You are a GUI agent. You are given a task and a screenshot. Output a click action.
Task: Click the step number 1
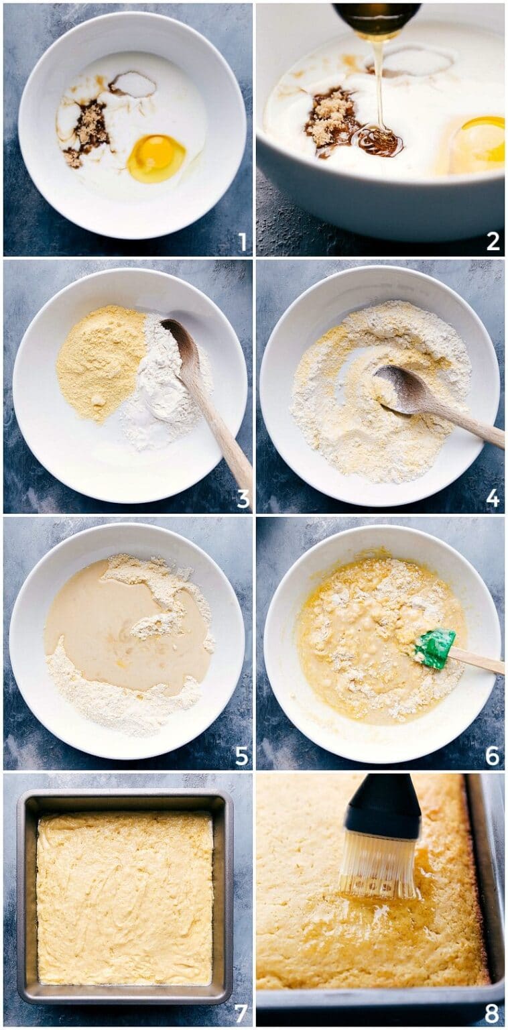tap(243, 242)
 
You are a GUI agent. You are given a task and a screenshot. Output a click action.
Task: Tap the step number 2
tap(493, 241)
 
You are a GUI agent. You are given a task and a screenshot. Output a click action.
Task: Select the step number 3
tap(243, 498)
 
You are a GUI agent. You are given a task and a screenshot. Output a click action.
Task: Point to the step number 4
tap(493, 498)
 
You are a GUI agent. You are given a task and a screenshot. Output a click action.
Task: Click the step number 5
tap(242, 756)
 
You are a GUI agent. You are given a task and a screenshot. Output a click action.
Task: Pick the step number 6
tap(493, 756)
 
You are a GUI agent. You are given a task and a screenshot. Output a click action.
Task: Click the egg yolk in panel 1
tap(155, 158)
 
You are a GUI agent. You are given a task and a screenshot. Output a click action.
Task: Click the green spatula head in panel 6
tap(434, 648)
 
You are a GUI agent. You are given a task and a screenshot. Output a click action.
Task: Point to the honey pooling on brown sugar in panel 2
tap(379, 141)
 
